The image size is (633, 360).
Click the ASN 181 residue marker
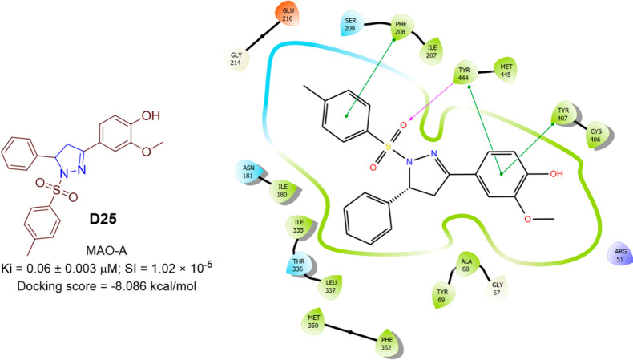[x=249, y=172]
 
